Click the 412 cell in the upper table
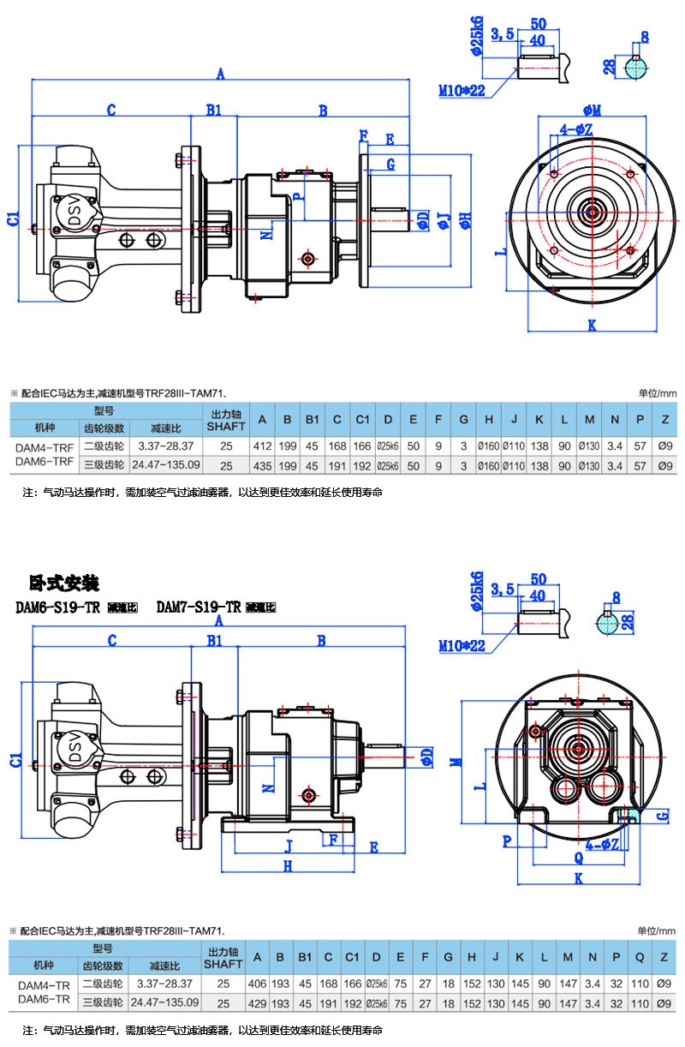tap(262, 446)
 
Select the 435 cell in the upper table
tap(262, 465)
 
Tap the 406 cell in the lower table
tap(257, 984)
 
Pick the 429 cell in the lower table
tap(257, 1002)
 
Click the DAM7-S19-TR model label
tap(200, 607)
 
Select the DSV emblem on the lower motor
tap(73, 750)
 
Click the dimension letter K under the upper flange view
tap(592, 325)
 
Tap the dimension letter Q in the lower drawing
tap(579, 856)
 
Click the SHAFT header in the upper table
tap(226, 426)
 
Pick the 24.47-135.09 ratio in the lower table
tap(168, 1002)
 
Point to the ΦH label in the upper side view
tap(465, 221)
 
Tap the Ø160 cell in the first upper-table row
tap(488, 446)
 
